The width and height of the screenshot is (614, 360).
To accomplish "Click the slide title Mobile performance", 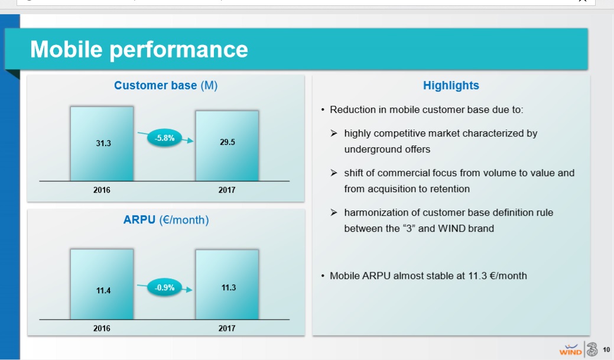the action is [139, 50].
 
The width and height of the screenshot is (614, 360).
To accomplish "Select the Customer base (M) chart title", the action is [165, 85].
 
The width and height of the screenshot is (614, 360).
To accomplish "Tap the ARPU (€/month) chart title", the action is [166, 220].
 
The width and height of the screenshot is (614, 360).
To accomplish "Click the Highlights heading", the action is [451, 85].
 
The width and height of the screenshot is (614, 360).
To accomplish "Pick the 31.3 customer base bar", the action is [102, 144].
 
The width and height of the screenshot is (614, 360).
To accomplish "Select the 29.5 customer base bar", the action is [227, 145].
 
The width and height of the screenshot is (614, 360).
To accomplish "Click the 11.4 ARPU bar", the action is [102, 284].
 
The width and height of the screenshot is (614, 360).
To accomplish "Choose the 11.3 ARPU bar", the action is [227, 284].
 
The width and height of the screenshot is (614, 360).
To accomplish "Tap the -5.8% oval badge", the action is [164, 138].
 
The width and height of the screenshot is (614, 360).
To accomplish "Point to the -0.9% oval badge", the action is [164, 287].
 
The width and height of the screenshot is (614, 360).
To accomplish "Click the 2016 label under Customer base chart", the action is [102, 190].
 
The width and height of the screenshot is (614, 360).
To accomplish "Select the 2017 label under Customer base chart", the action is [227, 190].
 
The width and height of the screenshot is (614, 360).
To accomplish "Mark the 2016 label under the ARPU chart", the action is [102, 328].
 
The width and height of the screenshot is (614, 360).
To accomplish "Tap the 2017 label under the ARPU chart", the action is [227, 328].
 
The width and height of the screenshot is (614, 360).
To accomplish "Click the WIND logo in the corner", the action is [570, 349].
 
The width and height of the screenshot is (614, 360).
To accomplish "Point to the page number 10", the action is [606, 349].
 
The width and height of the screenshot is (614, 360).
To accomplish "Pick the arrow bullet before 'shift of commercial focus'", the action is [334, 173].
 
